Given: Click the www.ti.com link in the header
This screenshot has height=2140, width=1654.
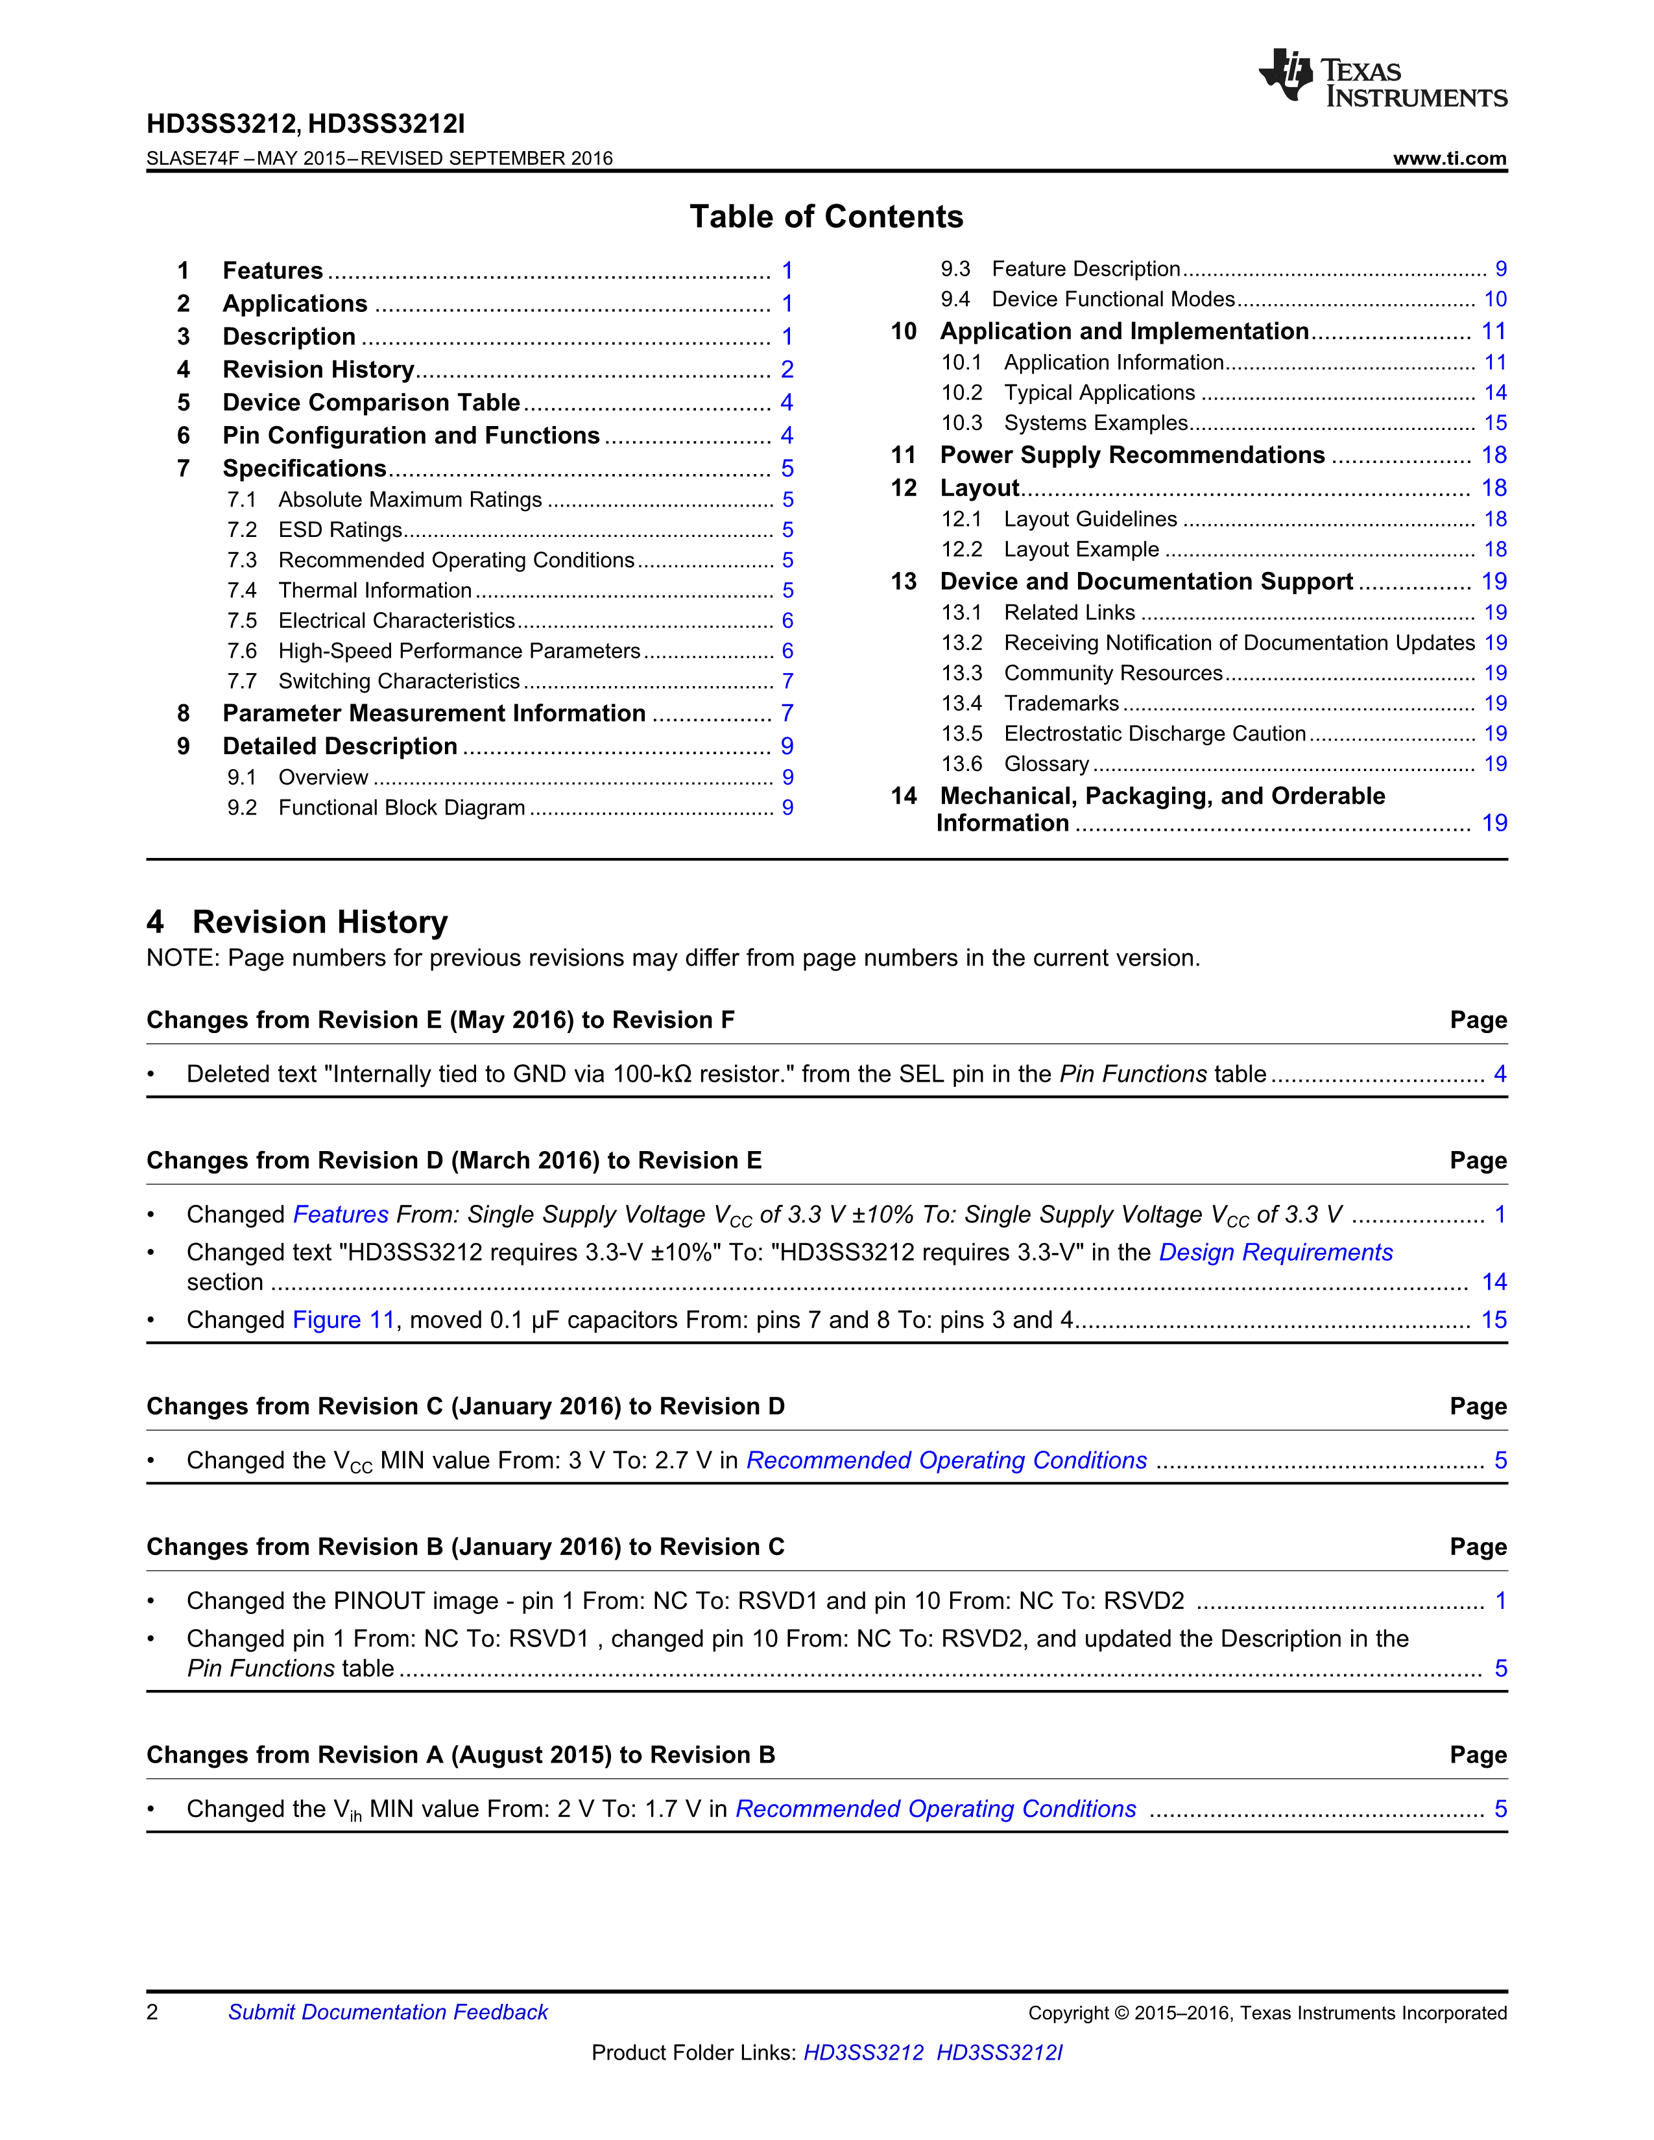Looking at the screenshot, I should click(x=1449, y=159).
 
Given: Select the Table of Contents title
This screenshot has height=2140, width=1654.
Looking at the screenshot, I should click(x=826, y=217).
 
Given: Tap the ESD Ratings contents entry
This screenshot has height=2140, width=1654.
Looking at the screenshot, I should click(x=340, y=530).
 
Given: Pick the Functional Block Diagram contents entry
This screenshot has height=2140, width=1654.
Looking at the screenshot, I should click(x=402, y=809).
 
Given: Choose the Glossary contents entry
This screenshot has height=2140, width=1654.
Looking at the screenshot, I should click(x=1046, y=765).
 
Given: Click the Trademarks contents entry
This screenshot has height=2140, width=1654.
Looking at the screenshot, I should click(x=1061, y=704).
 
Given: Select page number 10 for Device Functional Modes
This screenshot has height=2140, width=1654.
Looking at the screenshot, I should click(x=1494, y=300).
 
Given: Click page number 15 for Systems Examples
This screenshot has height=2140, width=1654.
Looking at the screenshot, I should click(x=1494, y=423).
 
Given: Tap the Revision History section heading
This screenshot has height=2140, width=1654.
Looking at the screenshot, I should click(x=319, y=922).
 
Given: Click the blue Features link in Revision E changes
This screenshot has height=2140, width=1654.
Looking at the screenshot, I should click(x=341, y=1215).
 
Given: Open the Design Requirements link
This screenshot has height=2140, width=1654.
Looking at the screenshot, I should click(x=1275, y=1252).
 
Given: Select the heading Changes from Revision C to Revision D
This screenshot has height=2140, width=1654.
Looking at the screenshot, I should click(x=466, y=1407).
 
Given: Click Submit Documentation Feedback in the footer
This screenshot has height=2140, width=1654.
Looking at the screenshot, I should click(x=388, y=2013).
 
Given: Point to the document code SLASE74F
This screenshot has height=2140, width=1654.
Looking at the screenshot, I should click(x=193, y=159).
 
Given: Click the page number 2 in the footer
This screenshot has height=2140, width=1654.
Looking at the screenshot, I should click(x=153, y=2013).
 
